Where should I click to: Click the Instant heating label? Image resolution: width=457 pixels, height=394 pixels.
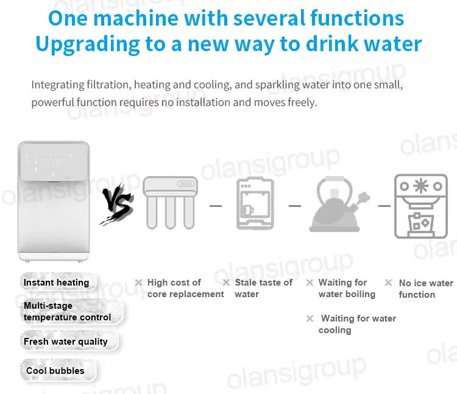coord(56,283)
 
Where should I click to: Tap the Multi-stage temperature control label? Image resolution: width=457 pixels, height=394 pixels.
coord(67,311)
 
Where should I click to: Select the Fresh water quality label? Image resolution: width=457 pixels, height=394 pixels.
coord(65,342)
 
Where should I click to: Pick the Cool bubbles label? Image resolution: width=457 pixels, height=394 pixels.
coord(55,371)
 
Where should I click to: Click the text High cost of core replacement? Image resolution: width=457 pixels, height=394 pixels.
coord(185,288)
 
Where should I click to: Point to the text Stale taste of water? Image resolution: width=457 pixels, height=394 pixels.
coord(263,288)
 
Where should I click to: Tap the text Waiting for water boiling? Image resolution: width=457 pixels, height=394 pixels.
coord(347,288)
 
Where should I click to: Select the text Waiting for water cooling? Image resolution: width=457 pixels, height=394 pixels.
coord(357,324)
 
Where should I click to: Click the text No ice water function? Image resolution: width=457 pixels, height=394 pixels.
coord(426,289)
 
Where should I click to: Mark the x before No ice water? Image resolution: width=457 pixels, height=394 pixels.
coord(388,283)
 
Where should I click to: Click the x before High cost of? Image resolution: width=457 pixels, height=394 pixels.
coord(138,283)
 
